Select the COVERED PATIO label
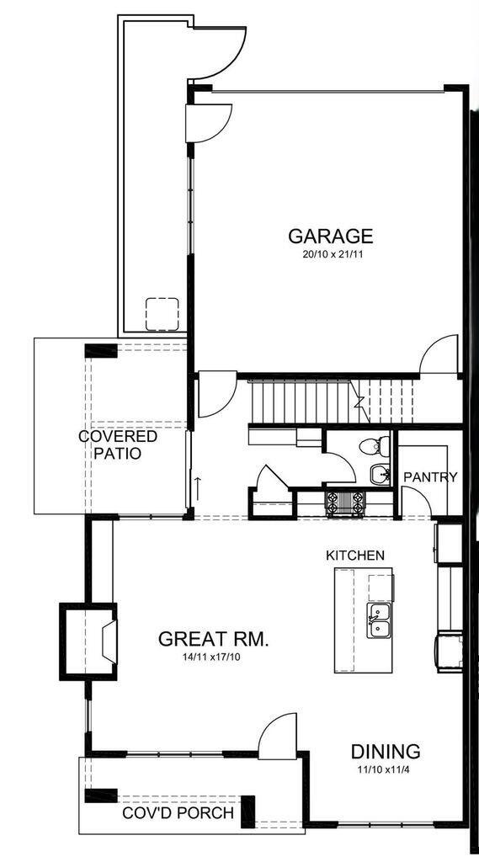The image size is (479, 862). [118, 444]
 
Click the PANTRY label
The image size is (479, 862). [430, 477]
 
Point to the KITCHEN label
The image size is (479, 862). [355, 556]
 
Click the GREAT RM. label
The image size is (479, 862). [214, 639]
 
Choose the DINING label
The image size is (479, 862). [386, 752]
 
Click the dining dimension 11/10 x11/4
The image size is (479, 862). [386, 769]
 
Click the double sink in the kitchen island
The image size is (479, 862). [379, 621]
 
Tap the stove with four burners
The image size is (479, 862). [345, 502]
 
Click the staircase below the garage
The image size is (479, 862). [303, 402]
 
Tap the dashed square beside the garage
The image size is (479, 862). [162, 313]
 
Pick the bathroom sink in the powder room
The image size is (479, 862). [379, 474]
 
